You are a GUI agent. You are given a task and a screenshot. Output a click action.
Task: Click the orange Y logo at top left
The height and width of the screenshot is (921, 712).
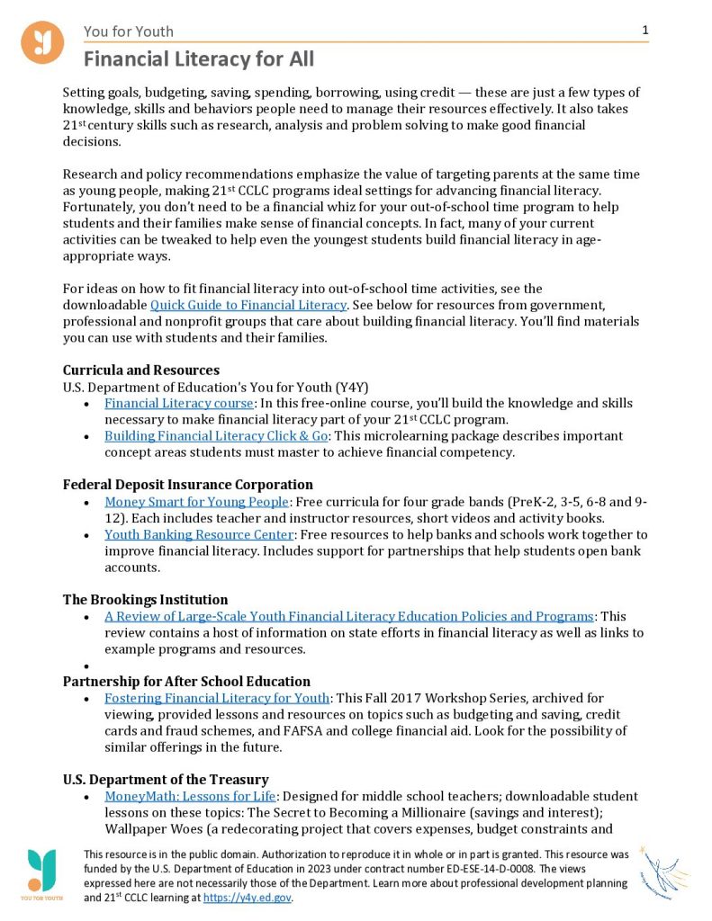42,42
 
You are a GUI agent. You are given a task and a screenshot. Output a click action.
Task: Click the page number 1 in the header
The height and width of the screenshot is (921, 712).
645,31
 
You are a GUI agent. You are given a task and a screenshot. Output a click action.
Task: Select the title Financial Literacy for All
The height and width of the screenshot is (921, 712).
199,59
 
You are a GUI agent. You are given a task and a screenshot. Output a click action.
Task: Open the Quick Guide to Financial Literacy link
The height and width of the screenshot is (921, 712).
248,306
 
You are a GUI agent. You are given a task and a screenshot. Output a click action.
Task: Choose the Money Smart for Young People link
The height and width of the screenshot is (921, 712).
196,502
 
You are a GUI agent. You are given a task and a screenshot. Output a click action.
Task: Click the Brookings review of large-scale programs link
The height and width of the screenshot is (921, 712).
348,616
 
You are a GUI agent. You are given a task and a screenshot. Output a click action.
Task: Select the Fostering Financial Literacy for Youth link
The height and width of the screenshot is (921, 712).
217,698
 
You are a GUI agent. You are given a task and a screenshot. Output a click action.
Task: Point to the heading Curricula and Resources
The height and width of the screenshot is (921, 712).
141,370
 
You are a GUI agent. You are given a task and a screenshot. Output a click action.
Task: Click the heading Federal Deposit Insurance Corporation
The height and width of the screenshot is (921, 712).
187,485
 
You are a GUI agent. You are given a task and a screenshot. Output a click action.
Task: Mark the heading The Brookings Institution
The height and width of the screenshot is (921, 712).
145,599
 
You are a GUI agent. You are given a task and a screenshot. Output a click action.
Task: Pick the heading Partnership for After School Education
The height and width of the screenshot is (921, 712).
186,681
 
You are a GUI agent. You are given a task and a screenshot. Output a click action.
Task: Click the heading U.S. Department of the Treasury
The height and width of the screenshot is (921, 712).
166,779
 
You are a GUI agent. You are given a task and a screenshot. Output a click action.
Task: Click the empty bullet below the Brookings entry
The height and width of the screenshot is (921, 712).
86,666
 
